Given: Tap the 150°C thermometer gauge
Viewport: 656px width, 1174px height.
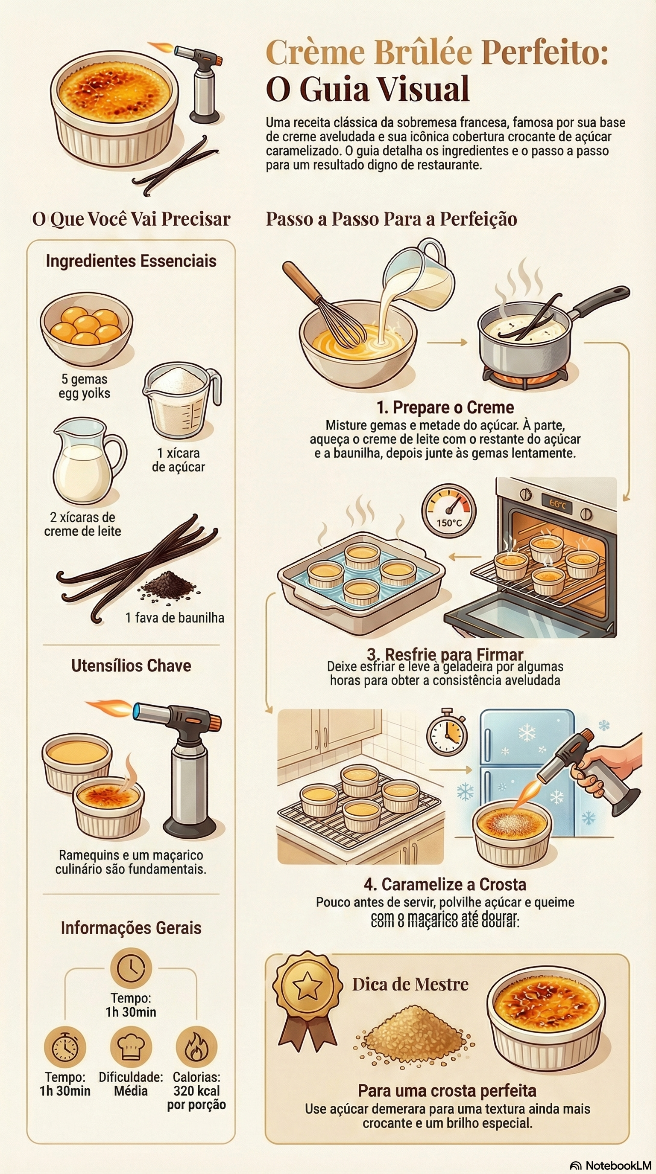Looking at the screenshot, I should [x=448, y=511].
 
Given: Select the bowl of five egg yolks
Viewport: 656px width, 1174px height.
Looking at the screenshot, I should [x=86, y=328].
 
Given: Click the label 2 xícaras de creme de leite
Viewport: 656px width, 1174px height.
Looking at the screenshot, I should [x=82, y=525].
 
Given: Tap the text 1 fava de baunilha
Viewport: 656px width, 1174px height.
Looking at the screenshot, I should [x=175, y=618].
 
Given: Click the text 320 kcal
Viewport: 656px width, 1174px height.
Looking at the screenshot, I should [x=196, y=1091].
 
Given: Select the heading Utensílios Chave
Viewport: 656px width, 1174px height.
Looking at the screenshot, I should [x=131, y=666].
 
